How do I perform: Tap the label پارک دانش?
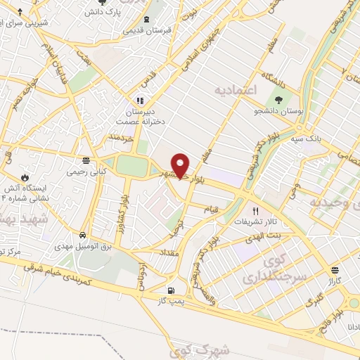point(101,13)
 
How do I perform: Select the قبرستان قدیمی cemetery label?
point(145,31)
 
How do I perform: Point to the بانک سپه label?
point(308,139)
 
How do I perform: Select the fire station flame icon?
point(26,177)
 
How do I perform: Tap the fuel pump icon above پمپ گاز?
point(170,290)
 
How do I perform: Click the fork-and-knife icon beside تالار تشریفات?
point(256,210)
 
